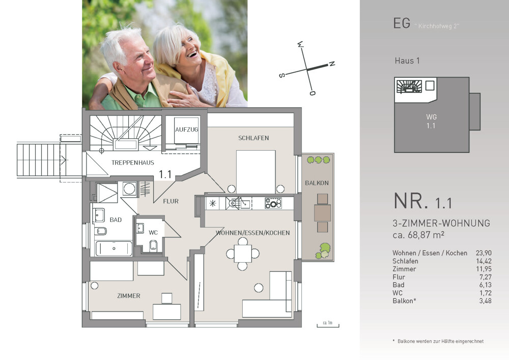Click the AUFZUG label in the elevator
[186, 129]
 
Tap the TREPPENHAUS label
[133, 162]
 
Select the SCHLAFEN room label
[253, 138]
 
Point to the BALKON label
[317, 183]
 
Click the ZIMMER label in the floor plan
[129, 296]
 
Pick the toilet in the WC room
[153, 246]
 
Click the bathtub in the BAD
[114, 248]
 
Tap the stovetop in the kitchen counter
[273, 203]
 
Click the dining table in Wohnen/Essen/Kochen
[242, 254]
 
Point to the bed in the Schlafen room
[256, 172]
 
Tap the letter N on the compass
[332, 64]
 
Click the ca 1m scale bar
[328, 325]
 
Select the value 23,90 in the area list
[484, 253]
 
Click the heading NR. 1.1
[422, 201]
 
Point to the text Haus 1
[407, 61]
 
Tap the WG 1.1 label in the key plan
[431, 121]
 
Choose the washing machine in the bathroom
[129, 188]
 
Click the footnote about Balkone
[438, 341]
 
